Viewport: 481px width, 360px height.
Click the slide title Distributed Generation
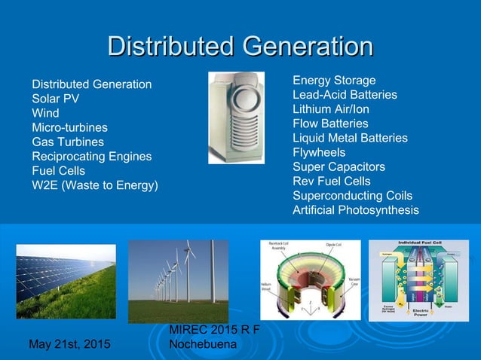pyautogui.click(x=240, y=47)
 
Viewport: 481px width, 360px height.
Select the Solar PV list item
pyautogui.click(x=56, y=98)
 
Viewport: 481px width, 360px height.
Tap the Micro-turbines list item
pyautogui.click(x=69, y=127)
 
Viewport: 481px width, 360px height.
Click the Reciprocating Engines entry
pyautogui.click(x=91, y=157)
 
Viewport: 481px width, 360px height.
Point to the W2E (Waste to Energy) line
pyautogui.click(x=94, y=185)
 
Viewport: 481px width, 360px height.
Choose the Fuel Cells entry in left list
pyautogui.click(x=58, y=171)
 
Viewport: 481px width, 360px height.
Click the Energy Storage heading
pyautogui.click(x=334, y=81)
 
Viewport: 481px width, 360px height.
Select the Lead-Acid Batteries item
pyautogui.click(x=345, y=95)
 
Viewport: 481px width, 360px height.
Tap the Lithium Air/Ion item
pyautogui.click(x=331, y=109)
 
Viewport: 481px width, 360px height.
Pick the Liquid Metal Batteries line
pyautogui.click(x=350, y=138)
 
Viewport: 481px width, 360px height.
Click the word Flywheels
pyautogui.click(x=318, y=152)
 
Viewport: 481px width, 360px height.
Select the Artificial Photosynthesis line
pyautogui.click(x=355, y=210)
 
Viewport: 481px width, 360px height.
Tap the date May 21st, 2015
pyautogui.click(x=69, y=344)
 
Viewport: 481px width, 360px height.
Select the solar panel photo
pyautogui.click(x=66, y=281)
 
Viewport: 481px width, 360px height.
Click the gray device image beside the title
pyautogui.click(x=236, y=117)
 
